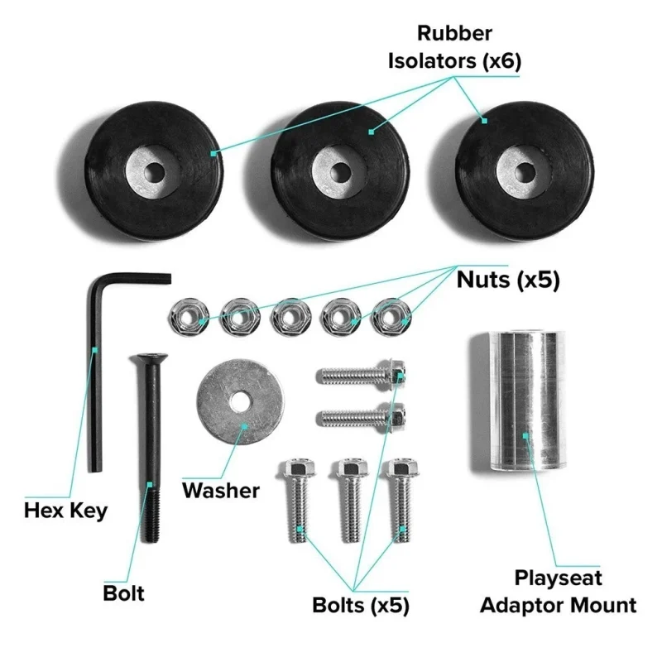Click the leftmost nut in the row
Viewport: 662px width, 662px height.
coord(185,315)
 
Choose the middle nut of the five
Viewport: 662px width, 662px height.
coord(287,315)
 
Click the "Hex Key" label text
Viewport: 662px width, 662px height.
coord(65,511)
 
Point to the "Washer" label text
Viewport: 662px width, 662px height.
coord(220,490)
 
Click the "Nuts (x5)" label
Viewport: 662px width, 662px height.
coord(507,281)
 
